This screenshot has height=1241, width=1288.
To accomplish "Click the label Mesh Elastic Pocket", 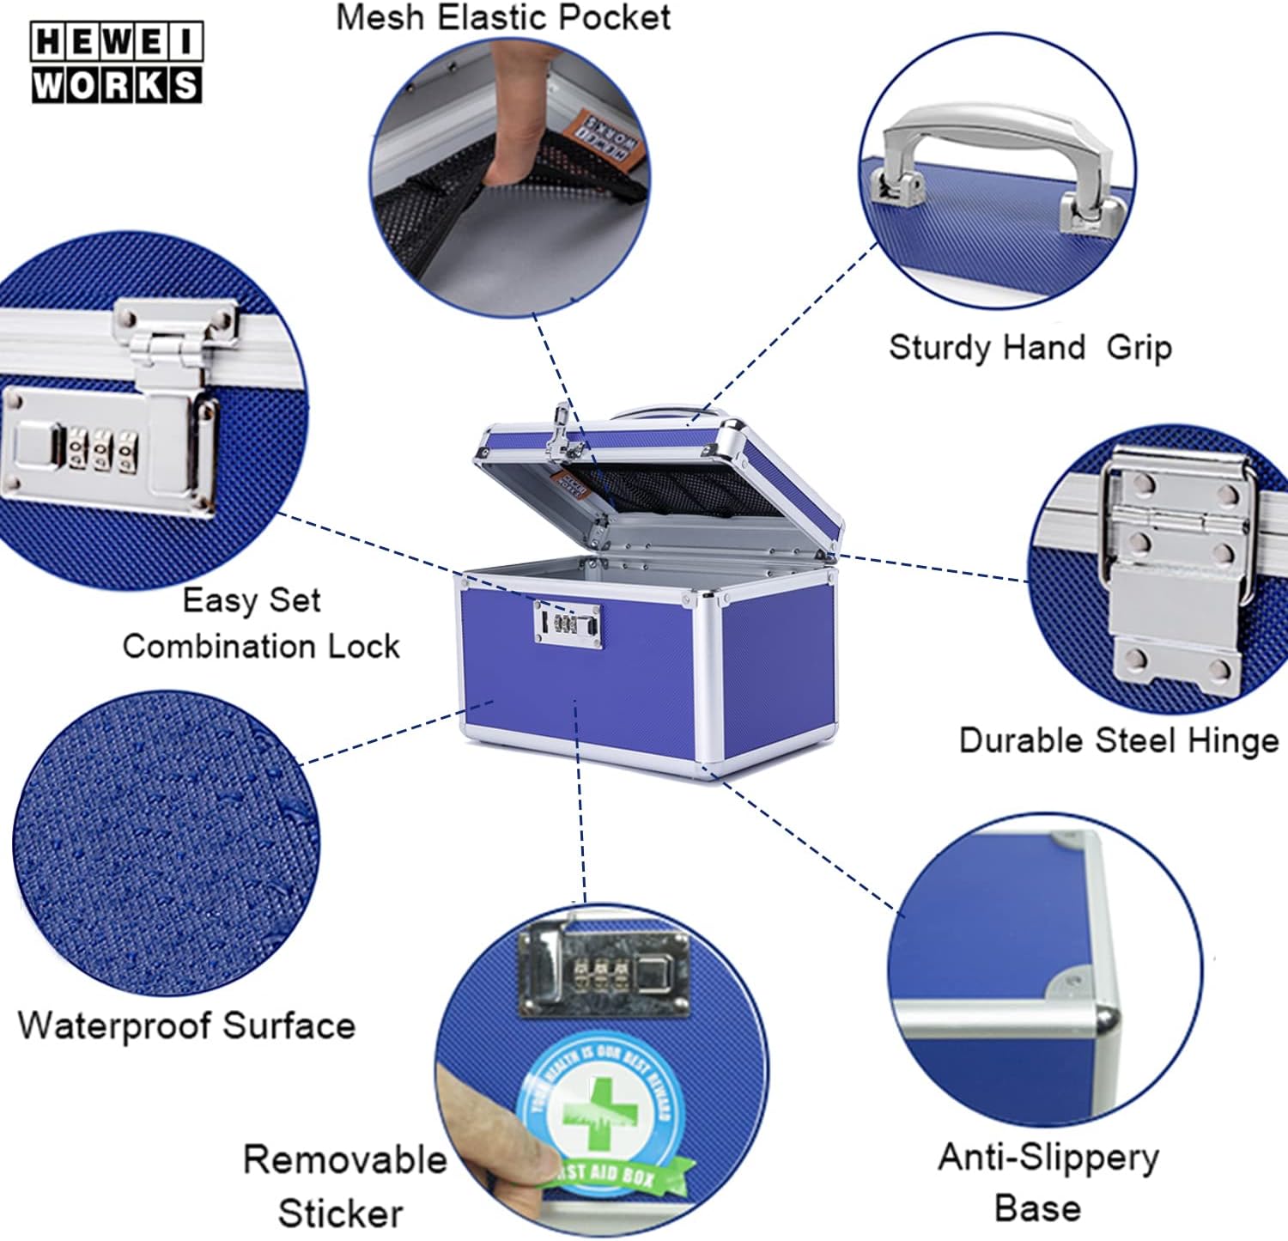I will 502,17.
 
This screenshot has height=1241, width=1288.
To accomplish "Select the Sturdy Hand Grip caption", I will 1030,348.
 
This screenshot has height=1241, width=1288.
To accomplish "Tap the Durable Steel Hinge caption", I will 1118,740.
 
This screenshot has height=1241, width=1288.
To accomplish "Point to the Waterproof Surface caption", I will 186,1025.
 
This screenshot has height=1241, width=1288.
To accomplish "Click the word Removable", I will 344,1159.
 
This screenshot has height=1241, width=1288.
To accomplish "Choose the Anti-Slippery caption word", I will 1048,1157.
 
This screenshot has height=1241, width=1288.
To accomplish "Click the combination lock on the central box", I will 567,622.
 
